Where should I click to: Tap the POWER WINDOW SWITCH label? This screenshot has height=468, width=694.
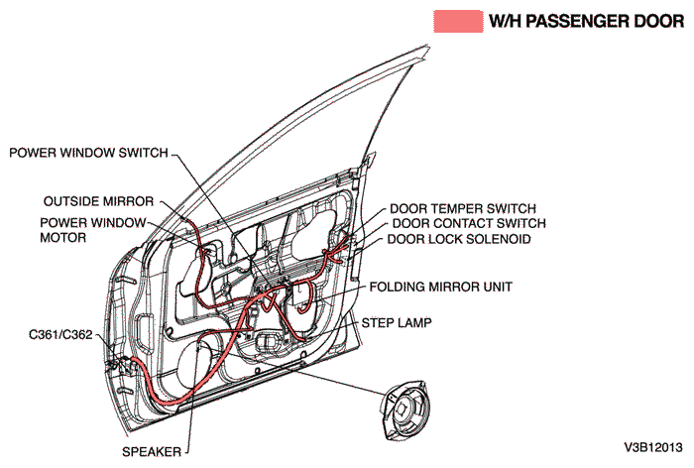point(88,153)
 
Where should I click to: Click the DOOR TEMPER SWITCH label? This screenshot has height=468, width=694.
point(462,209)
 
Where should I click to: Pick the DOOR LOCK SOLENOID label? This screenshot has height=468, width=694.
point(459,239)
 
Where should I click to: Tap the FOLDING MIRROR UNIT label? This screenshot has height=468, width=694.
point(440,286)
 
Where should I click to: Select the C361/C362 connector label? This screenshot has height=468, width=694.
point(60,335)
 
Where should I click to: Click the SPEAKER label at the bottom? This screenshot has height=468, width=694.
point(152,452)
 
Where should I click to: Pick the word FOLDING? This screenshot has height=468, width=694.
point(398,286)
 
